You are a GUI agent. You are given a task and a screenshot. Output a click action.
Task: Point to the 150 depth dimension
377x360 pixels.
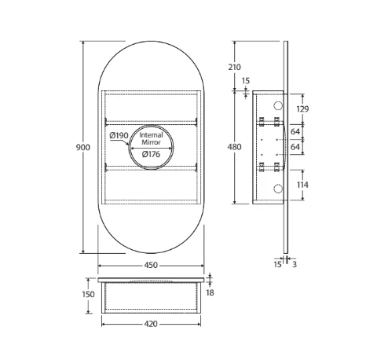(x=87, y=294)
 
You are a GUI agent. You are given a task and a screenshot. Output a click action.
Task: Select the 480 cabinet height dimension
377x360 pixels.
(x=234, y=146)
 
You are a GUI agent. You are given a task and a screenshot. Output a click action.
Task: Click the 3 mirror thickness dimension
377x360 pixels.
(x=294, y=265)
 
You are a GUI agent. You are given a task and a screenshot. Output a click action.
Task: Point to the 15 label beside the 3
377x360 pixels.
(x=277, y=265)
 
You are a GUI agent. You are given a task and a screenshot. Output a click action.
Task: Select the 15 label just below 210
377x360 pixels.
(x=246, y=80)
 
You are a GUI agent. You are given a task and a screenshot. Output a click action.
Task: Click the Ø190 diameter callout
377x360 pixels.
(x=119, y=136)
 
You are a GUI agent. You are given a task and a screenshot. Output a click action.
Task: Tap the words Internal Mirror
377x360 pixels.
(x=151, y=139)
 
